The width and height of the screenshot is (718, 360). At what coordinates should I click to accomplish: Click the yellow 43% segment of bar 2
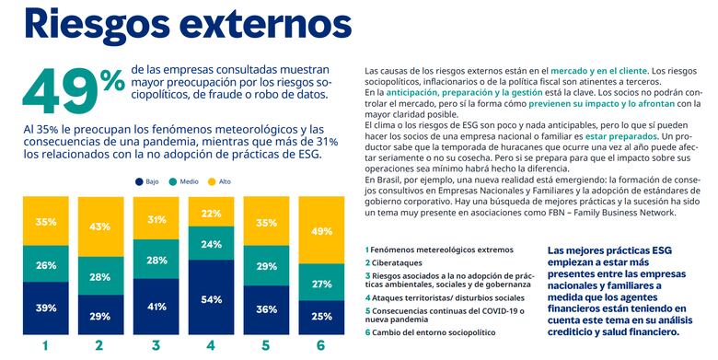tap(99, 226)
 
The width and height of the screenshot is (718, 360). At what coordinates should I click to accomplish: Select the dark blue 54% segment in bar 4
tap(210, 299)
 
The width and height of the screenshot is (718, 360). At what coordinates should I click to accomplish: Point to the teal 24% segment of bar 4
tap(210, 244)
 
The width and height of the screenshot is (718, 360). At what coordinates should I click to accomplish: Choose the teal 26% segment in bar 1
tap(46, 265)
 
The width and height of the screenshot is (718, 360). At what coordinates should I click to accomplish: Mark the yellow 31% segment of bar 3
tap(156, 219)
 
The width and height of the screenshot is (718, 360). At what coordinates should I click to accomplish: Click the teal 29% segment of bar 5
tap(265, 266)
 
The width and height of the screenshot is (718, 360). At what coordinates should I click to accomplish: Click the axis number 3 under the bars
tap(155, 346)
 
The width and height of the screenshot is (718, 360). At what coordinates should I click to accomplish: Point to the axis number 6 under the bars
tap(320, 346)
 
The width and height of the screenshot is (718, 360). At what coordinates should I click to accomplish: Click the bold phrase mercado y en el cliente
tap(597, 70)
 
